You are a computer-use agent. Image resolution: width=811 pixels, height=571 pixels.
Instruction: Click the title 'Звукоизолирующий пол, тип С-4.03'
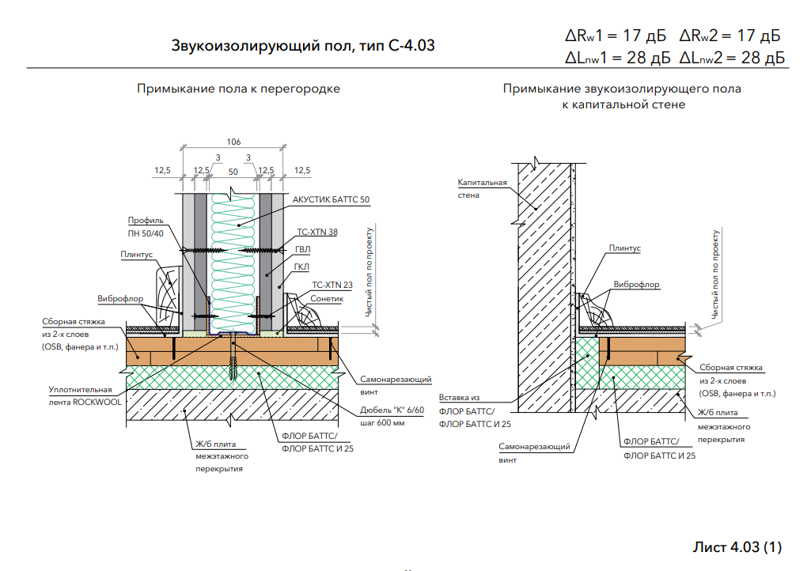pos(303,45)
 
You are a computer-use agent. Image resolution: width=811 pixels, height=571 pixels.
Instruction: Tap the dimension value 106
pos(233,142)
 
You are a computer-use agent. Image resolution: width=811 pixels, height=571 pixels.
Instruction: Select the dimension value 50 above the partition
pos(233,171)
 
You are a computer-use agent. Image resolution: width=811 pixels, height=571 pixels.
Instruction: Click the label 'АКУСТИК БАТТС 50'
pos(331,199)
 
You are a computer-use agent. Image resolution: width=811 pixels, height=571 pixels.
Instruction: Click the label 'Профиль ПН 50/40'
pos(146,226)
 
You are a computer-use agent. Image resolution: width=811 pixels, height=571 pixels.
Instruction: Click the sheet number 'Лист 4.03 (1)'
pos(737,547)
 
